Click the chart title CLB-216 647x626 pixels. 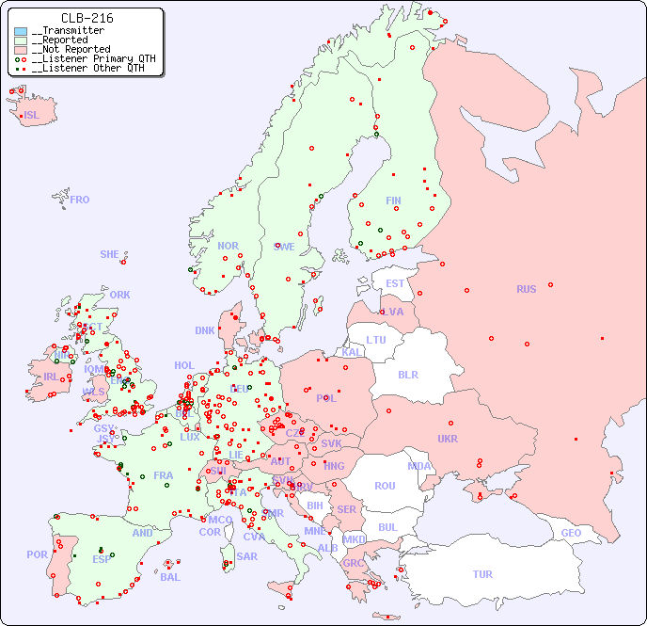tap(87, 18)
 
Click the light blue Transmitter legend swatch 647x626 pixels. tap(21, 31)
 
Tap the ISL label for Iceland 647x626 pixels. tap(32, 116)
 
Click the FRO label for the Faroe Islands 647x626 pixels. tap(80, 200)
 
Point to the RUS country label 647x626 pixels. tap(526, 289)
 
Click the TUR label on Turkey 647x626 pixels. tap(482, 574)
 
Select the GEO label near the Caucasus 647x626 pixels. tap(571, 533)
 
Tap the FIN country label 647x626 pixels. tap(393, 201)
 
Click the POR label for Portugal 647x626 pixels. tap(37, 554)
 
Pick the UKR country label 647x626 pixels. tap(448, 439)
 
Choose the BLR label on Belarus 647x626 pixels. tap(408, 374)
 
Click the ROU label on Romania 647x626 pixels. tap(385, 486)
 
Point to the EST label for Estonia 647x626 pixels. tap(395, 283)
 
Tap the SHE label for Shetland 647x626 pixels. tap(110, 254)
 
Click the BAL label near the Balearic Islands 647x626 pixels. tap(170, 577)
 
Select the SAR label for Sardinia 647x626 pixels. tap(246, 556)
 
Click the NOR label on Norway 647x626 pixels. tap(228, 246)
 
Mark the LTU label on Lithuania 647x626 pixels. tap(376, 340)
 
